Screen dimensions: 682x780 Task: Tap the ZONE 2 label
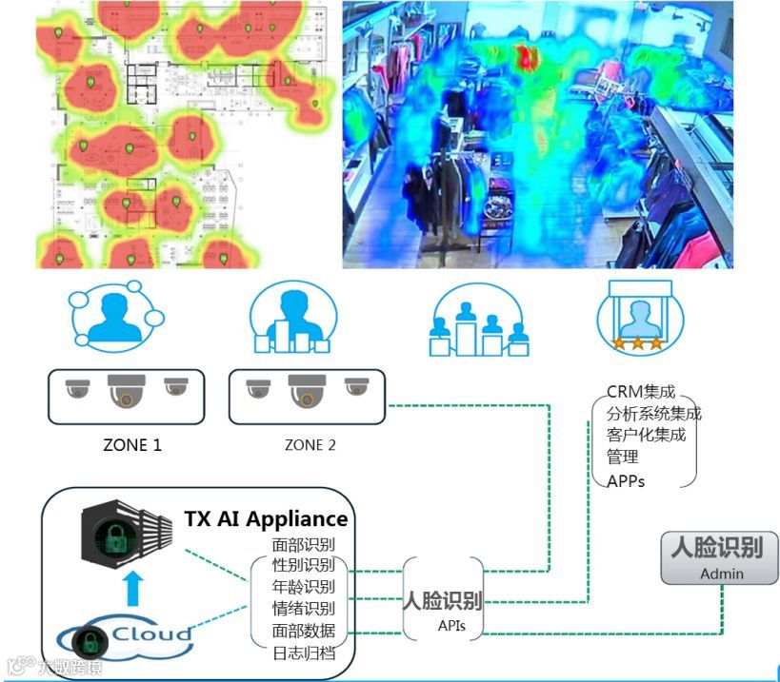click(x=310, y=444)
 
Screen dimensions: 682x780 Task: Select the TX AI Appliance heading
click(x=266, y=519)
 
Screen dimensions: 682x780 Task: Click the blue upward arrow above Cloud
click(x=135, y=590)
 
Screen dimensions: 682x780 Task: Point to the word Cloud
click(x=152, y=634)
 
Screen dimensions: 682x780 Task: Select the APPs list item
click(x=626, y=480)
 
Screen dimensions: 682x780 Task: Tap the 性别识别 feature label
click(x=304, y=565)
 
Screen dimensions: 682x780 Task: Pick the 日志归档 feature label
click(x=304, y=653)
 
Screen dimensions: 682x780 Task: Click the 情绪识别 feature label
click(x=304, y=609)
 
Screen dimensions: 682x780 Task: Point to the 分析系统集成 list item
click(x=653, y=414)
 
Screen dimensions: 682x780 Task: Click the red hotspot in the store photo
click(x=526, y=54)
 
